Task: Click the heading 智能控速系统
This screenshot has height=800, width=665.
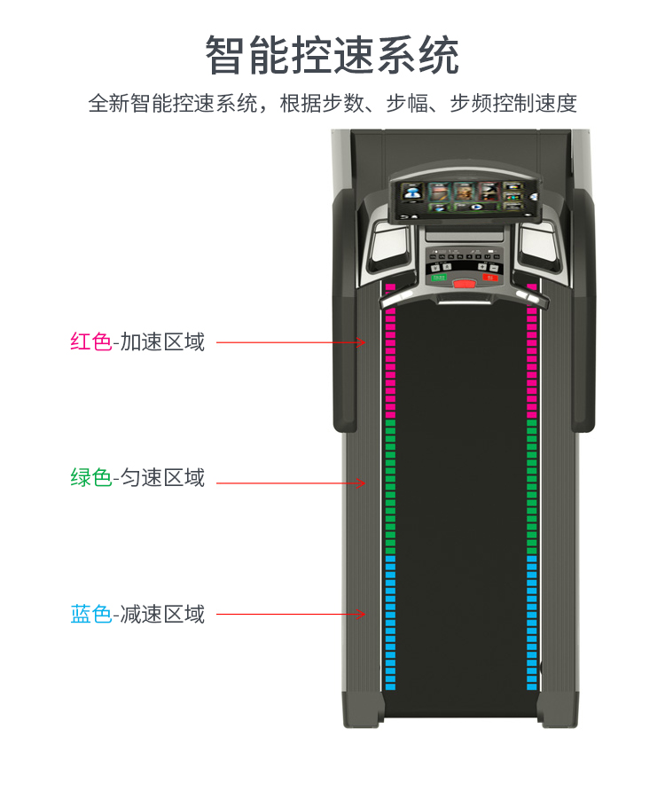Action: coord(332,55)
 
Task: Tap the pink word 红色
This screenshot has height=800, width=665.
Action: coord(90,341)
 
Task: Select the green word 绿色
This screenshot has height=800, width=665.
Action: coord(90,477)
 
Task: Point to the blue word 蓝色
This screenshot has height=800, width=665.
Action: coord(90,614)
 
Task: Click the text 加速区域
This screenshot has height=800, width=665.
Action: coord(162,341)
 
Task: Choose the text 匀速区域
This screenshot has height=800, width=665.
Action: coord(162,477)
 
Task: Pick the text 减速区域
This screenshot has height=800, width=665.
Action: coord(162,614)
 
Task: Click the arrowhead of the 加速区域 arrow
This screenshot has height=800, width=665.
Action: coord(362,341)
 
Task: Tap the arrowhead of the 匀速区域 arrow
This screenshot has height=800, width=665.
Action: coord(362,483)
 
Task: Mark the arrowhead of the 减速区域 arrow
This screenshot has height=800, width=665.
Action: coord(362,614)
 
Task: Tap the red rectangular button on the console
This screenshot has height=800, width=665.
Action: coord(490,277)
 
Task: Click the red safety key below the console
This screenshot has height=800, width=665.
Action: coord(464,284)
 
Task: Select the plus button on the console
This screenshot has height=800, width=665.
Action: coord(482,267)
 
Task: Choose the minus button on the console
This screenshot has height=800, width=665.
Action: coord(494,267)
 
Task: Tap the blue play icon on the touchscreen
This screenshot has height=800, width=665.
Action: coord(476,207)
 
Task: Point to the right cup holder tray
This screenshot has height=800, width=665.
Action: coord(538,246)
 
